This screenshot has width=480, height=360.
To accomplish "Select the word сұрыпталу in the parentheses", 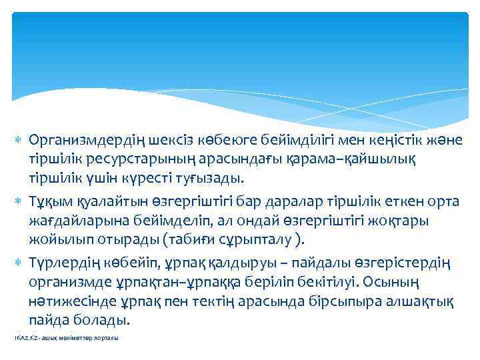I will [x=257, y=239].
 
